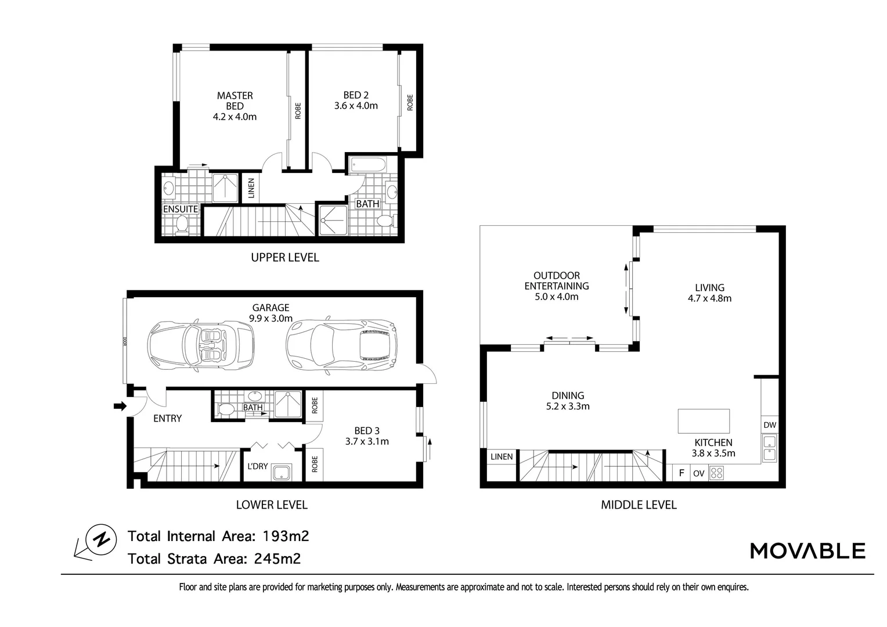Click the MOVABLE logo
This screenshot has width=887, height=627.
tap(807, 550)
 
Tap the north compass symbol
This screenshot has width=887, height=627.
tap(101, 539)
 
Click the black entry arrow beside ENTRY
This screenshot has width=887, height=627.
tap(120, 406)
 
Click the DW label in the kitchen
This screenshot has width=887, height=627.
tap(770, 425)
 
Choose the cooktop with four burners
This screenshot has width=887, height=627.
tap(716, 473)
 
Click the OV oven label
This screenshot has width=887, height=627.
tap(698, 473)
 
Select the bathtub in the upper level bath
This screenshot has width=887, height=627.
tap(368, 165)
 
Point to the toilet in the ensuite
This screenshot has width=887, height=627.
tap(181, 224)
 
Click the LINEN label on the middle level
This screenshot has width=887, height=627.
tap(502, 456)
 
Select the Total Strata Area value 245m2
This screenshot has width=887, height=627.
tap(277, 558)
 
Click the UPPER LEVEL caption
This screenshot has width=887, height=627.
tap(284, 257)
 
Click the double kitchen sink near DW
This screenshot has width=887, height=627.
tap(769, 448)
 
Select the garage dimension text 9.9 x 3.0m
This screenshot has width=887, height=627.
tap(271, 318)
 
